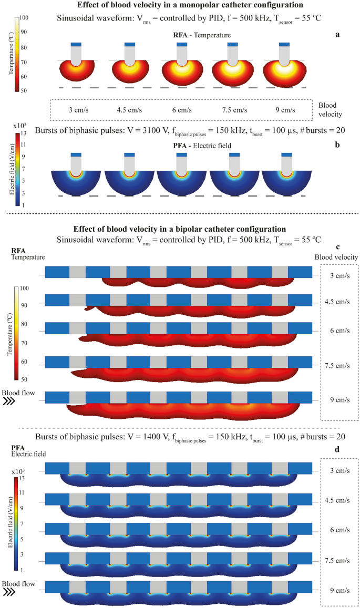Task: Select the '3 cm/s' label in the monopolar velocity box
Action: point(78,110)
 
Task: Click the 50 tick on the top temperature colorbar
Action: point(24,90)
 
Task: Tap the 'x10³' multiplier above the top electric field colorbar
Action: point(19,127)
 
